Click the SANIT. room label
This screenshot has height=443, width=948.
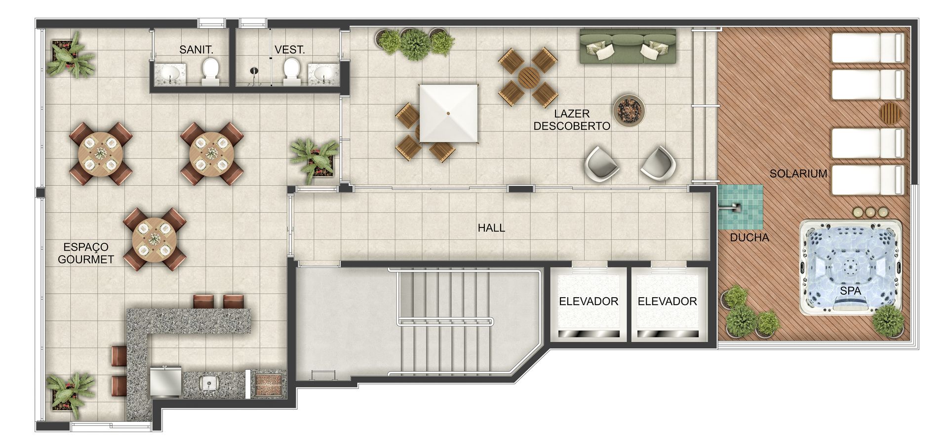tap(196, 49)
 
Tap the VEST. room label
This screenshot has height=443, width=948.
tap(290, 49)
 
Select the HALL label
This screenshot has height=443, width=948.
tap(491, 228)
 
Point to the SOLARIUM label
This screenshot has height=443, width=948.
tap(798, 174)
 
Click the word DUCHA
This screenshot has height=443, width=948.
tap(750, 237)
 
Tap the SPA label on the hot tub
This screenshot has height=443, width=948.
tap(850, 291)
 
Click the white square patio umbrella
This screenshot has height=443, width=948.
tap(449, 113)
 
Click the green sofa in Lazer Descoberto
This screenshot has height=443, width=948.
tap(628, 46)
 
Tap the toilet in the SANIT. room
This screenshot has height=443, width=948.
tap(211, 71)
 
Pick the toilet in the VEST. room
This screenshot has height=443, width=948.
tap(292, 71)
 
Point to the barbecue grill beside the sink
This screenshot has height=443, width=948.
tap(267, 384)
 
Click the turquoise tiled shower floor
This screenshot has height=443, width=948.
tap(740, 207)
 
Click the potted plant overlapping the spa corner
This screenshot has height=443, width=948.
tap(888, 320)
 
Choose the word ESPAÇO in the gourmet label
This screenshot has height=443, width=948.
tap(86, 247)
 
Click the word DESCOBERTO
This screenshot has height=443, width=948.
tap(572, 126)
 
